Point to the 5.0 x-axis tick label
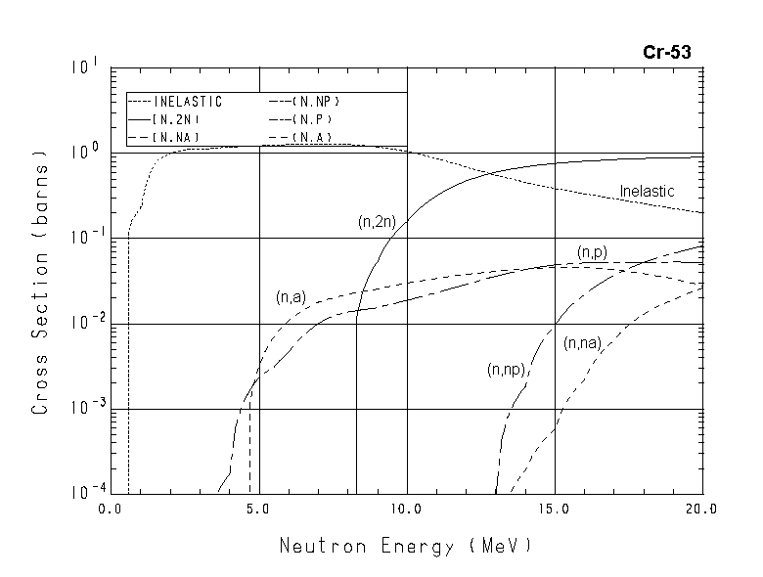coord(258,509)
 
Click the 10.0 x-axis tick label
coord(406,509)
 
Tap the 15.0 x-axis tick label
coord(555,509)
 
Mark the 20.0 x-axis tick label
coord(700,509)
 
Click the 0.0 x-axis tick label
coord(112,509)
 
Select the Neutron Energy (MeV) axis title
coord(406,545)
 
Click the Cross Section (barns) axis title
coord(40,283)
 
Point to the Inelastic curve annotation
coord(648,192)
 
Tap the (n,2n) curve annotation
coord(377,223)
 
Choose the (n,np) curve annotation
coord(507,370)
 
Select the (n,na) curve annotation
coord(583,342)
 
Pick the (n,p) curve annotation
coord(593,252)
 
